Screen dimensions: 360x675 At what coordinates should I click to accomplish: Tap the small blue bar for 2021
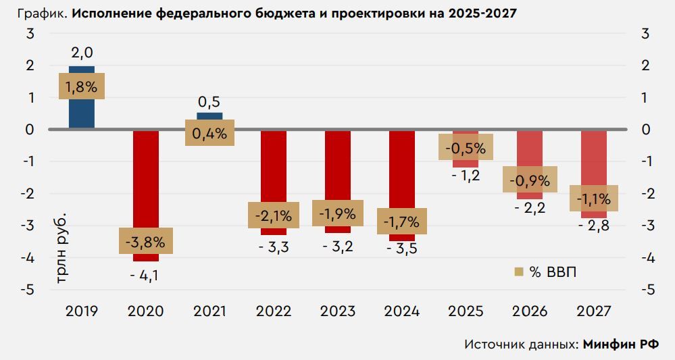point(209,115)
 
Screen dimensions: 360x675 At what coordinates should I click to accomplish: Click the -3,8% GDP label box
point(146,241)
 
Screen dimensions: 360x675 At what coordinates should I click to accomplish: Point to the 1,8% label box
point(82,86)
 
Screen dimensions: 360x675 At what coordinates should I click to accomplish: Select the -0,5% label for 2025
point(466,147)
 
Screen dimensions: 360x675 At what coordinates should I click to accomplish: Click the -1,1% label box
point(594,199)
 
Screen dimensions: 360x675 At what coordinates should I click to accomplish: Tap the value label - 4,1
point(146,275)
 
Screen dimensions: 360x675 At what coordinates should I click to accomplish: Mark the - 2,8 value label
point(594,226)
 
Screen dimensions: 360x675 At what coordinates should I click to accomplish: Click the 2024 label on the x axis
point(401,311)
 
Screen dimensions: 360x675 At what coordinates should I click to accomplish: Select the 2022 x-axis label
point(274,311)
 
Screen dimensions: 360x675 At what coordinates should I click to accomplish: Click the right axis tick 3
point(645,34)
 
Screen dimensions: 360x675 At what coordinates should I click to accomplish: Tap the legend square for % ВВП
point(519,272)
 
